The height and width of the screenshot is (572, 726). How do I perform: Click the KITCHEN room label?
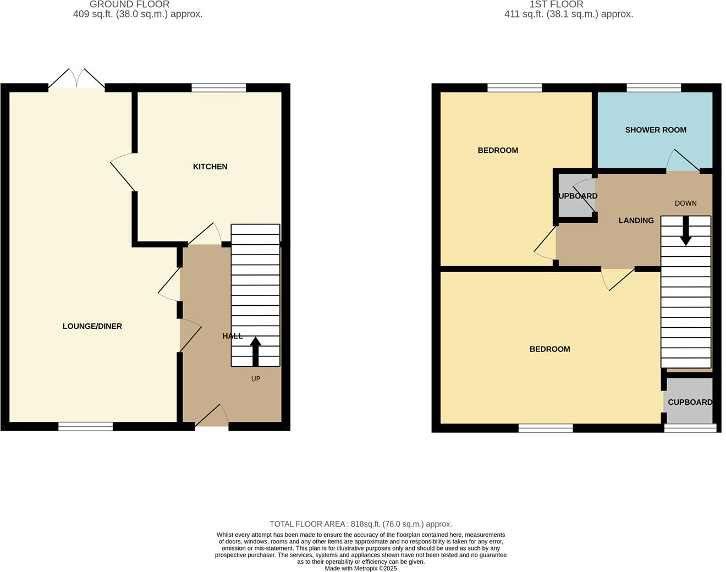(x=210, y=167)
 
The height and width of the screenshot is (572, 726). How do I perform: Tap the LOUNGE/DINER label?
(x=92, y=326)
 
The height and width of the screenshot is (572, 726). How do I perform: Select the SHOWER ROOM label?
(x=655, y=130)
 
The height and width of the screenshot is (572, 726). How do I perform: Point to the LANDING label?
(x=636, y=221)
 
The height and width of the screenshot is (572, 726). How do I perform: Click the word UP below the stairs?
(x=255, y=379)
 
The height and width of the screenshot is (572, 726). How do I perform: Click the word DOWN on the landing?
(x=685, y=204)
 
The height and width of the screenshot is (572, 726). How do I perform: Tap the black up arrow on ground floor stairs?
(x=255, y=351)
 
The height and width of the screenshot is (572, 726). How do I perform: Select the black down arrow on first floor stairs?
(x=685, y=230)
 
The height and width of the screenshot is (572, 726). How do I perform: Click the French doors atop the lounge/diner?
(x=76, y=80)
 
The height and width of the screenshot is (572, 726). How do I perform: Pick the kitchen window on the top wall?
(x=218, y=87)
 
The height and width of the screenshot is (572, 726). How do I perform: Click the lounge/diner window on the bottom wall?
(x=85, y=426)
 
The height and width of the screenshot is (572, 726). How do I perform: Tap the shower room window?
(x=653, y=87)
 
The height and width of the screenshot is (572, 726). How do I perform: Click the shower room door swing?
(x=682, y=161)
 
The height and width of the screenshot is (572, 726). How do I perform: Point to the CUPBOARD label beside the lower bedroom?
(x=690, y=402)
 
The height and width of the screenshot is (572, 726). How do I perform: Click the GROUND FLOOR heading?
(x=129, y=4)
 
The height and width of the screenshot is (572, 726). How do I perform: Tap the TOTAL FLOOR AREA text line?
(x=360, y=524)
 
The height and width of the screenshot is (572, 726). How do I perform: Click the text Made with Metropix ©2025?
(x=360, y=569)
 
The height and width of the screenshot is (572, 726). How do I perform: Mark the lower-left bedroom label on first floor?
(x=549, y=349)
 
